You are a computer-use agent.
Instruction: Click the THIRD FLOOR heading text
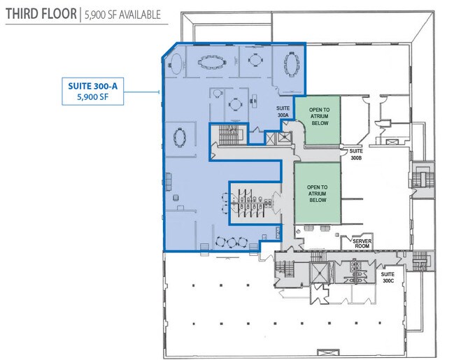click(x=41, y=14)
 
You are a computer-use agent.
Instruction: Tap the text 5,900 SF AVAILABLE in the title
click(x=122, y=15)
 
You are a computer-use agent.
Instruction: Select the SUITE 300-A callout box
click(x=92, y=91)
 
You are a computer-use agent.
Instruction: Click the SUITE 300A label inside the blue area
click(x=283, y=112)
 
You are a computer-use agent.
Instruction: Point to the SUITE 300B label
click(x=356, y=154)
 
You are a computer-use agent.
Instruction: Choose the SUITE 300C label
click(x=388, y=278)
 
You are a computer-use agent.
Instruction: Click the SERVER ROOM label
click(x=362, y=243)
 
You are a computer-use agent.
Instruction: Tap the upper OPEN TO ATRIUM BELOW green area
click(x=318, y=120)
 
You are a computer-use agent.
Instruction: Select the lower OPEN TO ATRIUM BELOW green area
click(x=318, y=193)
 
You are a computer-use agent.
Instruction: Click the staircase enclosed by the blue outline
click(x=229, y=134)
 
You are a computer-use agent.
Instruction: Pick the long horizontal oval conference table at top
click(x=212, y=62)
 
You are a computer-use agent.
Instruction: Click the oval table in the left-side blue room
click(x=180, y=138)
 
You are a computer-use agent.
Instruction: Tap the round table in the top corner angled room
click(x=176, y=64)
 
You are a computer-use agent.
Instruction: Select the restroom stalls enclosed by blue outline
click(x=251, y=203)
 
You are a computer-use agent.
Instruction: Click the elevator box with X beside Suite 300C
click(x=320, y=273)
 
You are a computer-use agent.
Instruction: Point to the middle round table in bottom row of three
click(x=232, y=242)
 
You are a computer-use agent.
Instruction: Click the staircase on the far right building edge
click(x=423, y=180)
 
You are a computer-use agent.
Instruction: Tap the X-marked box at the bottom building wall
click(x=328, y=353)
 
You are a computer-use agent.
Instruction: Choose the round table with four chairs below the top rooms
click(x=235, y=104)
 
